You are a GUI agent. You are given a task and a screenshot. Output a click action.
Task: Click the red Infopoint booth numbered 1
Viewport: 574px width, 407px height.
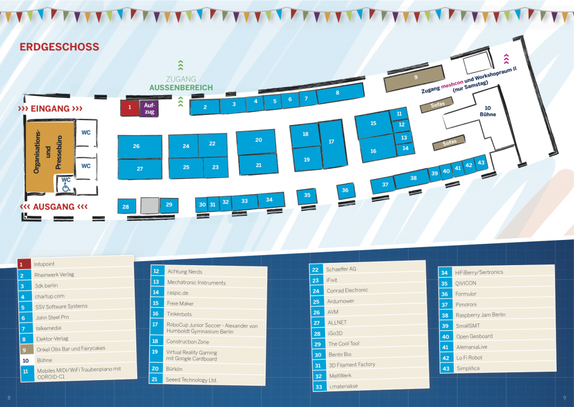click(x=129, y=108)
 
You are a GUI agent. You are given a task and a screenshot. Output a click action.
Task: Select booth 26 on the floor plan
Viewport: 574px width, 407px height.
click(x=136, y=146)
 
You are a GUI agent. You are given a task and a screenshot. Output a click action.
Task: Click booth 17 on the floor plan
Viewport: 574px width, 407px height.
click(x=331, y=142)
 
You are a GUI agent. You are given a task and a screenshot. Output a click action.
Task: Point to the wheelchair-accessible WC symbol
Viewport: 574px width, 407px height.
click(x=66, y=184)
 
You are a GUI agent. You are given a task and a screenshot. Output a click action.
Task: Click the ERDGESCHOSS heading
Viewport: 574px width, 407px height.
click(x=59, y=47)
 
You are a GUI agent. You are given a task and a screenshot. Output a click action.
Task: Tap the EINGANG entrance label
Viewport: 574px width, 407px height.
click(x=50, y=108)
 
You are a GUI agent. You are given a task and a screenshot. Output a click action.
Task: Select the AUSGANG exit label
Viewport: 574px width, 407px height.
click(x=54, y=207)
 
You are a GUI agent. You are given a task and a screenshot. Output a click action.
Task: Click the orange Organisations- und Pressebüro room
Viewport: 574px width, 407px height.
click(x=48, y=151)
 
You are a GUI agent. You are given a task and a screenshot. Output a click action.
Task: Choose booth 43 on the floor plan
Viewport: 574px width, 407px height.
click(x=480, y=163)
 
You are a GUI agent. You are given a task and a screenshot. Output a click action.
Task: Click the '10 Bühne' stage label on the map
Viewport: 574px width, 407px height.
click(x=487, y=111)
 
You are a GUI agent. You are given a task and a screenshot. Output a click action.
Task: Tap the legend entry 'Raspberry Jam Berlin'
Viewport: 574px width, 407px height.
click(x=480, y=315)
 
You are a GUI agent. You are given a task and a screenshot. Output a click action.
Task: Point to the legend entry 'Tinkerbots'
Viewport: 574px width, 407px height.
click(x=179, y=314)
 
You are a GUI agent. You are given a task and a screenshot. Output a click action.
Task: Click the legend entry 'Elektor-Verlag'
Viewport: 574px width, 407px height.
click(x=53, y=339)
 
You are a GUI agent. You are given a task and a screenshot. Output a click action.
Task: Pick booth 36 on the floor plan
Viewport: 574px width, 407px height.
click(x=345, y=191)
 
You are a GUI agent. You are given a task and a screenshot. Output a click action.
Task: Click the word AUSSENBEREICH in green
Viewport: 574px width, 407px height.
click(x=180, y=88)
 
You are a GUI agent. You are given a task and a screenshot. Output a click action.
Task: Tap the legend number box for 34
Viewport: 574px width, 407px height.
click(x=445, y=272)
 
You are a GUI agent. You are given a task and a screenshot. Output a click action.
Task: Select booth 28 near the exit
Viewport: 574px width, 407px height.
click(x=126, y=207)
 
